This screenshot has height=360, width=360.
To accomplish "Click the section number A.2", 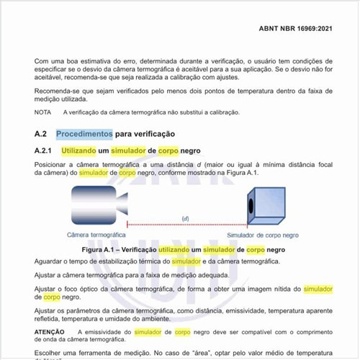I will coord(40,134).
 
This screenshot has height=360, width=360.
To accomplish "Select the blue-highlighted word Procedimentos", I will coord(84,134).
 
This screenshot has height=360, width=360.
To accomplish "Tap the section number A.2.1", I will coord(44,151).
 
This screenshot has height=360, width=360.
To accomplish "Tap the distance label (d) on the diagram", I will coord(184,217).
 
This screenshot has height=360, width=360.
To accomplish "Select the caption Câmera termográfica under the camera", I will coord(96,235).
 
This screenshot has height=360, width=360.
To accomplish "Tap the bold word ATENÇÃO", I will coord(50,332).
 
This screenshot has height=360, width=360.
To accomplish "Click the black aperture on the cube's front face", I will coord(251,207).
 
